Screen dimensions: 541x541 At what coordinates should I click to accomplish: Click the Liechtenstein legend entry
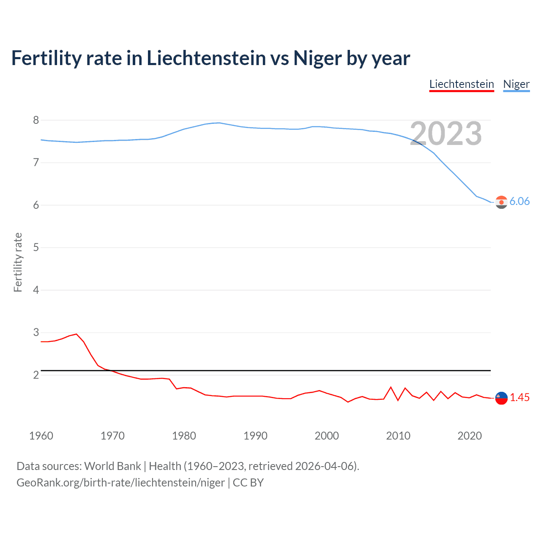(462, 84)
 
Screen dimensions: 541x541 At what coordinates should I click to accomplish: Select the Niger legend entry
(516, 84)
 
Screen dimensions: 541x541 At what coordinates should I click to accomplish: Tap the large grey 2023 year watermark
(446, 134)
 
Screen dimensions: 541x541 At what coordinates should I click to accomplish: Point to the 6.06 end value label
(519, 201)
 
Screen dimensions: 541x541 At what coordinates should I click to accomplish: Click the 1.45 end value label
(519, 397)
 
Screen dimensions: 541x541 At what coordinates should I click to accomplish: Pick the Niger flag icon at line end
(501, 202)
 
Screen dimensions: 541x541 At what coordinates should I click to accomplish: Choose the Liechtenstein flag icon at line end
(501, 398)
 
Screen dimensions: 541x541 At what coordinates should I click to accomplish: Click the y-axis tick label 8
(36, 120)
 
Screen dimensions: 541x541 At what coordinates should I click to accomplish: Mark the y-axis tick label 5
(36, 247)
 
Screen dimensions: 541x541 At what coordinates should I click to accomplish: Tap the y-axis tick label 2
(36, 375)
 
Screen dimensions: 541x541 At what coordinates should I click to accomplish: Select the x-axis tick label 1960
(41, 436)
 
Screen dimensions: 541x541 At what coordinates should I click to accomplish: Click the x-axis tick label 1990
(255, 436)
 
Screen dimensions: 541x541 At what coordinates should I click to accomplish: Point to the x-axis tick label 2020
(470, 436)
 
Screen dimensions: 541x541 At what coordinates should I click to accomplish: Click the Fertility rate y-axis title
(18, 262)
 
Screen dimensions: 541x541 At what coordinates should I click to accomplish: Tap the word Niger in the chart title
(317, 58)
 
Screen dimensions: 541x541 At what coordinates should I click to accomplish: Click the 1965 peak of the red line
(77, 334)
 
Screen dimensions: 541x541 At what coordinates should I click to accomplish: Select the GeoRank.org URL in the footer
(120, 482)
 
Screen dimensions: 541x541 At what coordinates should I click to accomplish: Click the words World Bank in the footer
(112, 466)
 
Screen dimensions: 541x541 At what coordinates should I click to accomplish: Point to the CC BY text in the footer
(248, 482)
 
